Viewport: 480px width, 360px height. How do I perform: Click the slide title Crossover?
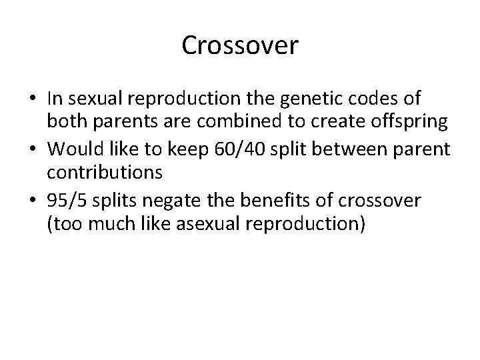pyautogui.click(x=240, y=46)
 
